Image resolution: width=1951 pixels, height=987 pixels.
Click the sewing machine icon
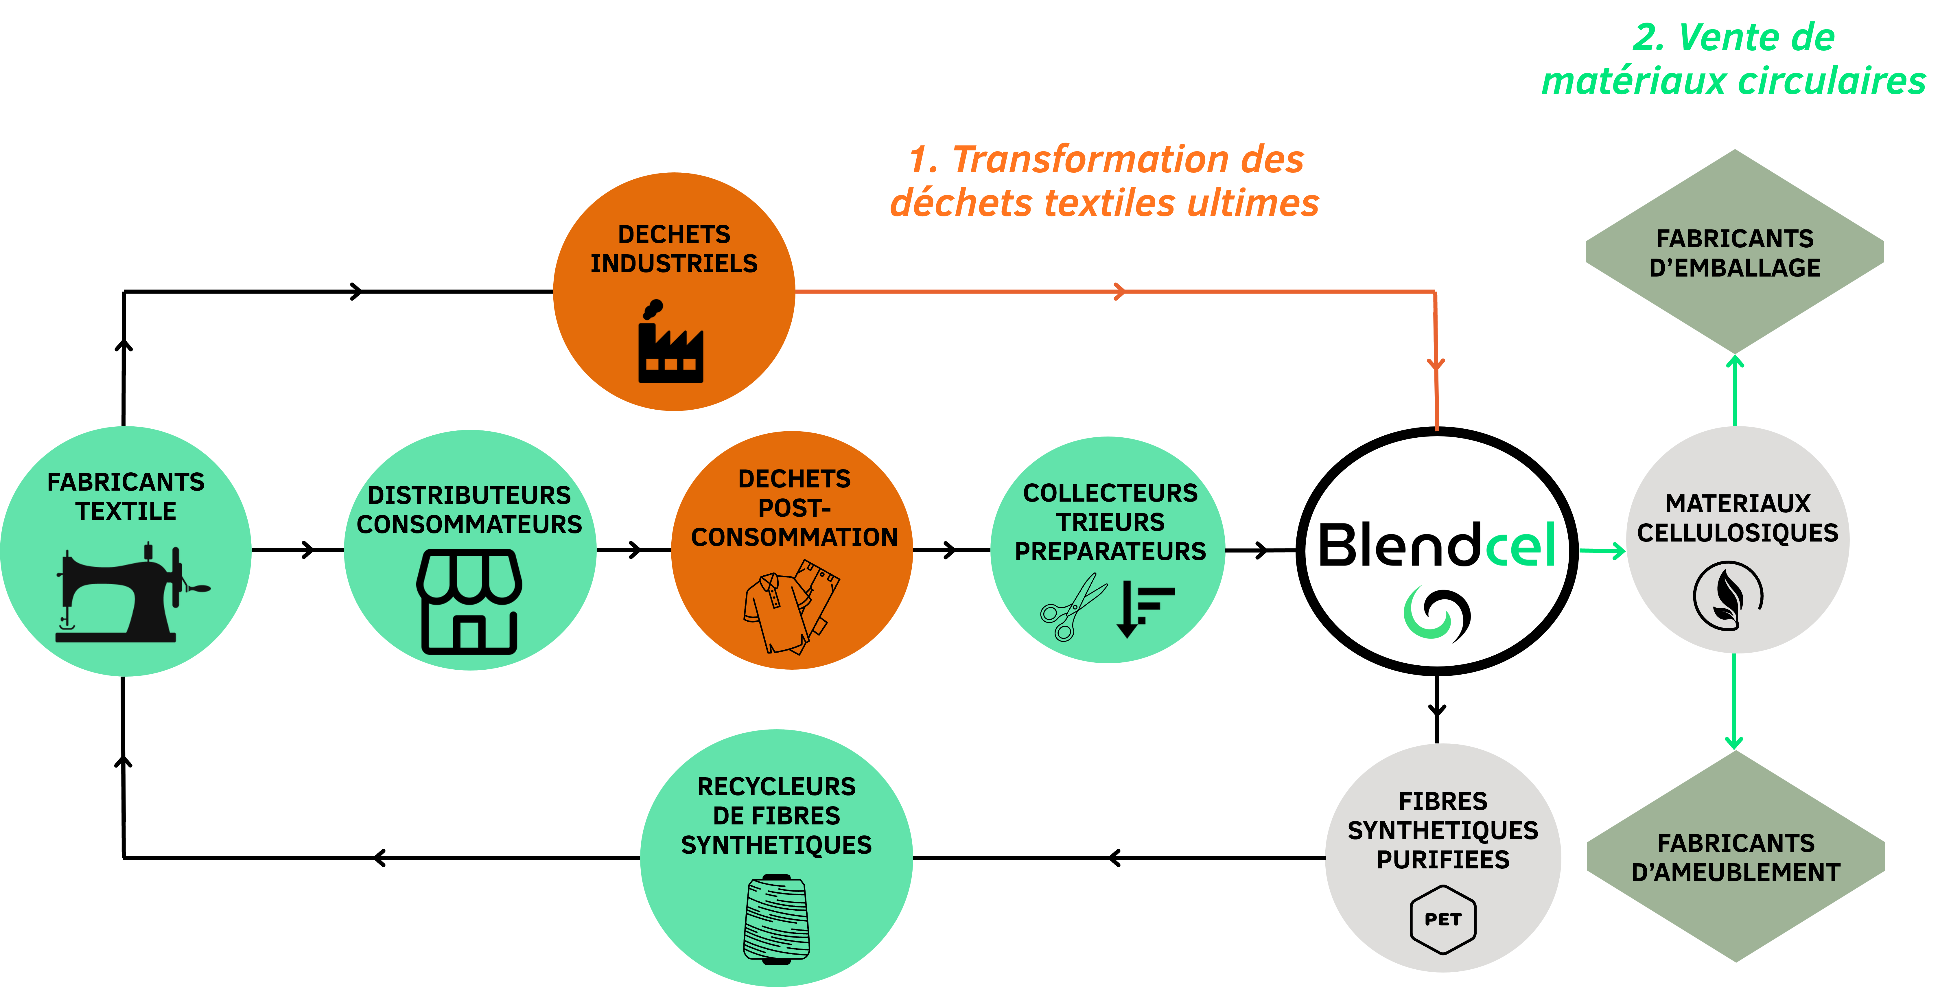[x=129, y=595]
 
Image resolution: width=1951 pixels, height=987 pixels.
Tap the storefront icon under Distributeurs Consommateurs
[x=469, y=602]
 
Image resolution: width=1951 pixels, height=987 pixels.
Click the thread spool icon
[x=776, y=919]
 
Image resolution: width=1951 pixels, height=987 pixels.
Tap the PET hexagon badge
[x=1443, y=919]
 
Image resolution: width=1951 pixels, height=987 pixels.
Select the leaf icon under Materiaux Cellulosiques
[x=1728, y=596]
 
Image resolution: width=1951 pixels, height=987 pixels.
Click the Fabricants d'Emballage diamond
[x=1734, y=252]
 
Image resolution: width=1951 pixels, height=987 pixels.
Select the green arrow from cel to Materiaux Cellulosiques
[x=1602, y=551]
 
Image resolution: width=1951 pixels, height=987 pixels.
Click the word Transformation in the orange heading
[x=1090, y=160]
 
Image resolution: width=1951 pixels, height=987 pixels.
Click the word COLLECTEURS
[x=1110, y=493]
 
